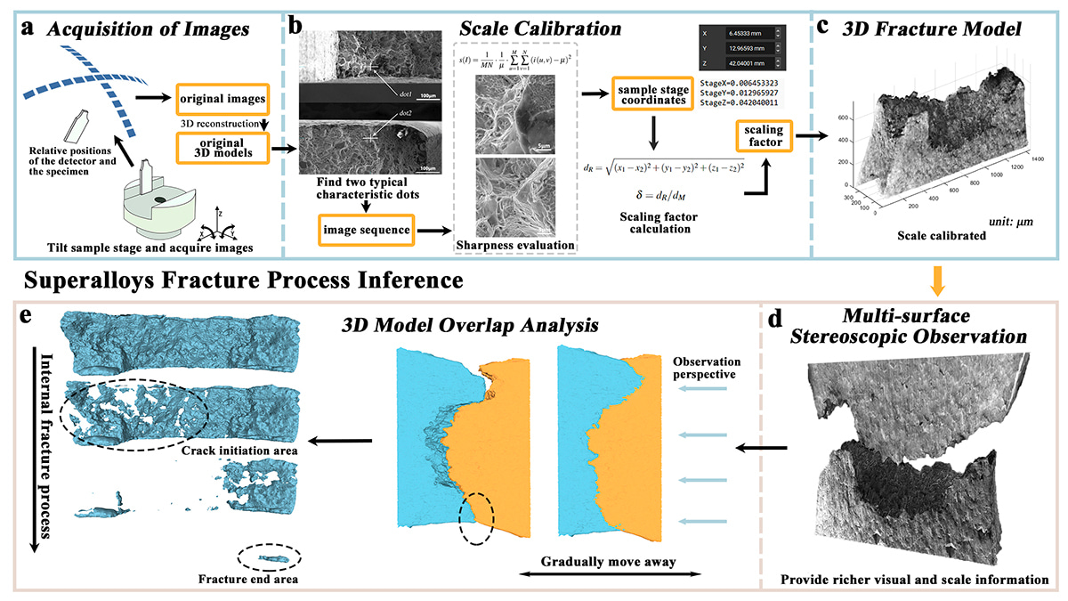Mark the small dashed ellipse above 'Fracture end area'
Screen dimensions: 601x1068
pos(269,558)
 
